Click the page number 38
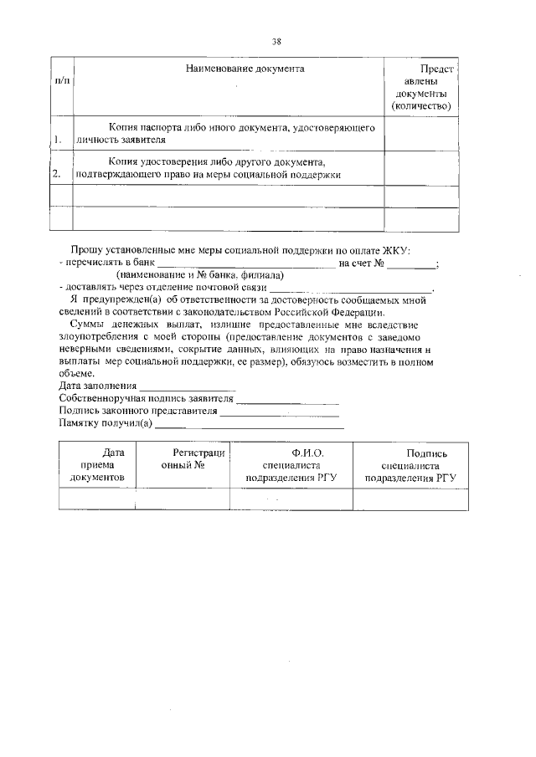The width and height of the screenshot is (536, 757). pos(276,41)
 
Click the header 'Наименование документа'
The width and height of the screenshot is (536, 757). pos(245,68)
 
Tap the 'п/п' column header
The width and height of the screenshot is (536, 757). pos(62,81)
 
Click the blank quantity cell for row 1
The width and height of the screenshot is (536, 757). pos(421,134)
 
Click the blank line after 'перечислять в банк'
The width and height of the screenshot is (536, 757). pos(246,264)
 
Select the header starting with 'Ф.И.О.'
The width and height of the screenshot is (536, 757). pos(291,465)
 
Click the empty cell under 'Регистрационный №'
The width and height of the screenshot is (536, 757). pos(183,499)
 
